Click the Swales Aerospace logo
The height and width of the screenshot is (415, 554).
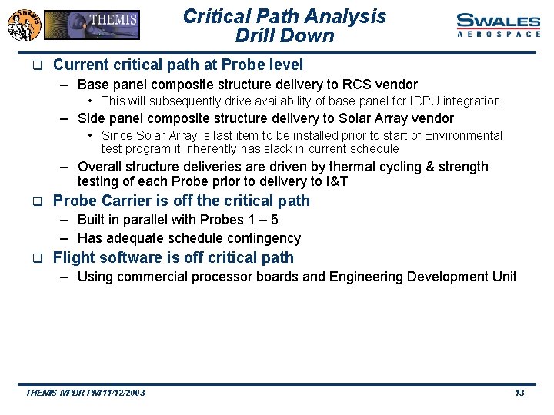click(x=499, y=25)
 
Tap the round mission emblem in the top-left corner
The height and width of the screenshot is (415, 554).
click(x=23, y=25)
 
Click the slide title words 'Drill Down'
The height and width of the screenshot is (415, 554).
click(x=285, y=36)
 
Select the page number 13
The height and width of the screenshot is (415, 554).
click(x=519, y=393)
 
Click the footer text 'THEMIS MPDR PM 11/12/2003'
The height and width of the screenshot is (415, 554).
click(x=85, y=393)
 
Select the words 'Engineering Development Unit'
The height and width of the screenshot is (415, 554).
click(x=422, y=277)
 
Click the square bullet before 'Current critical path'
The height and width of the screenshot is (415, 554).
click(x=35, y=66)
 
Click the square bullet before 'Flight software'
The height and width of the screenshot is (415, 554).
click(x=35, y=258)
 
